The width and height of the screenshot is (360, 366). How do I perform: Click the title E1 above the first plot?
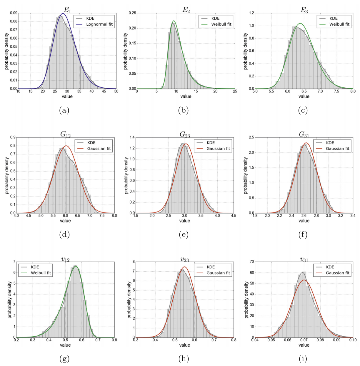click(x=67, y=10)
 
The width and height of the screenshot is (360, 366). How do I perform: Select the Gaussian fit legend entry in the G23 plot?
click(x=218, y=148)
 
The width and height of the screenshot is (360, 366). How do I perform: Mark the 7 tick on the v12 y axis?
click(x=13, y=262)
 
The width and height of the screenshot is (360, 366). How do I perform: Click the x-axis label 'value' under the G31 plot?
click(x=303, y=221)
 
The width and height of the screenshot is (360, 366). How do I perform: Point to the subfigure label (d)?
click(x=64, y=235)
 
